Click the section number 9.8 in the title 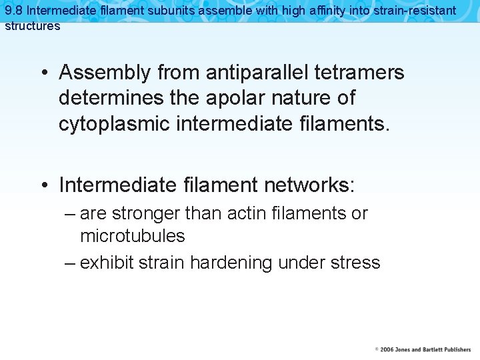coord(14,11)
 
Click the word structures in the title coord(33,26)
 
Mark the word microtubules coord(133,236)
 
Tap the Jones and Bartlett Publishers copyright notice coord(423,349)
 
